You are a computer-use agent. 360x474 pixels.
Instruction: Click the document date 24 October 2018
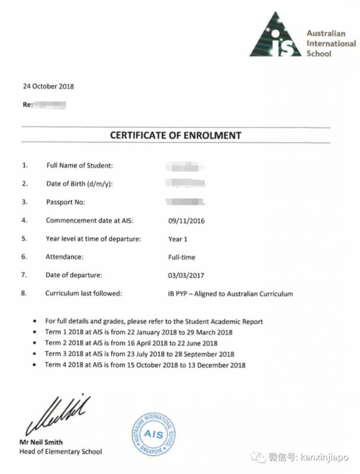pos(49,86)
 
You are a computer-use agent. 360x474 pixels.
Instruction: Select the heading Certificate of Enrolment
pos(175,135)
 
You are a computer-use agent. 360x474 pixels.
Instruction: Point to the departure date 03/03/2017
pos(187,275)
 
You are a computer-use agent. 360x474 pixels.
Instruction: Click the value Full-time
pos(181,257)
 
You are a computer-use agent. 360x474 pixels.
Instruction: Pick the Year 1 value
pos(178,239)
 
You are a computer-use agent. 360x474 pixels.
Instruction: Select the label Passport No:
pos(66,202)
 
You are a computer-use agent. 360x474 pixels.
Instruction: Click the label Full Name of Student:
pos(79,165)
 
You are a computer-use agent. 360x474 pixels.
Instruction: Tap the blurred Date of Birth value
pos(185,183)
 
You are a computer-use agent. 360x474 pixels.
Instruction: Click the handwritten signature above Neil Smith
pos(57,411)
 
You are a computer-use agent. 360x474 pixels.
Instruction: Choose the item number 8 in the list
pos(24,293)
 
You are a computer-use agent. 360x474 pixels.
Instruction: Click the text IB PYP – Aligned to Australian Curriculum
pos(230,293)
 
